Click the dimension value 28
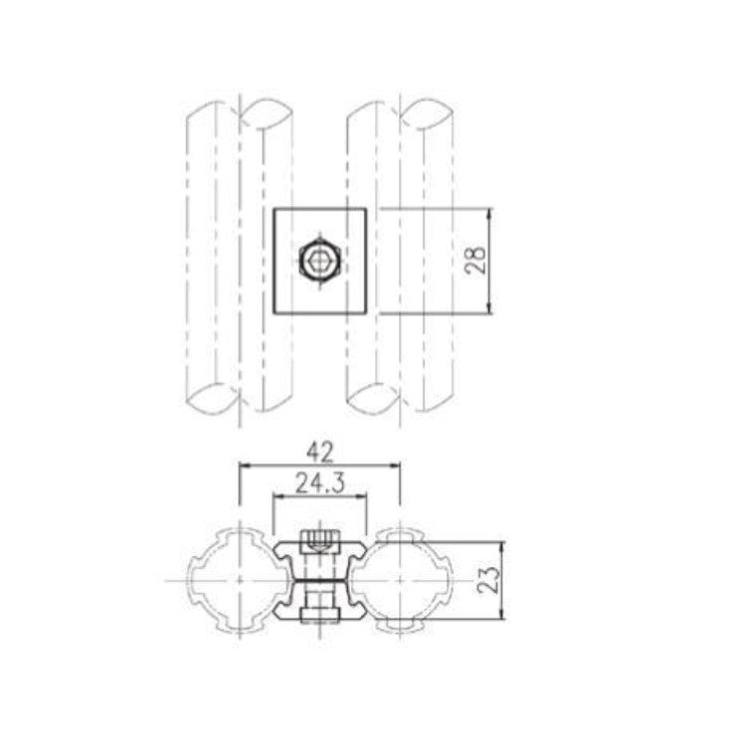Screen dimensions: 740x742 (x=477, y=262)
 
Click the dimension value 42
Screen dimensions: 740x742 (x=319, y=453)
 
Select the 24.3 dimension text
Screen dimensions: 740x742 (x=320, y=484)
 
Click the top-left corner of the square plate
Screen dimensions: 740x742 (x=274, y=210)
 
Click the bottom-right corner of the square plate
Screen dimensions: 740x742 (x=368, y=313)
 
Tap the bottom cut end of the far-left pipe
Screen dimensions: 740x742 (x=212, y=400)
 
